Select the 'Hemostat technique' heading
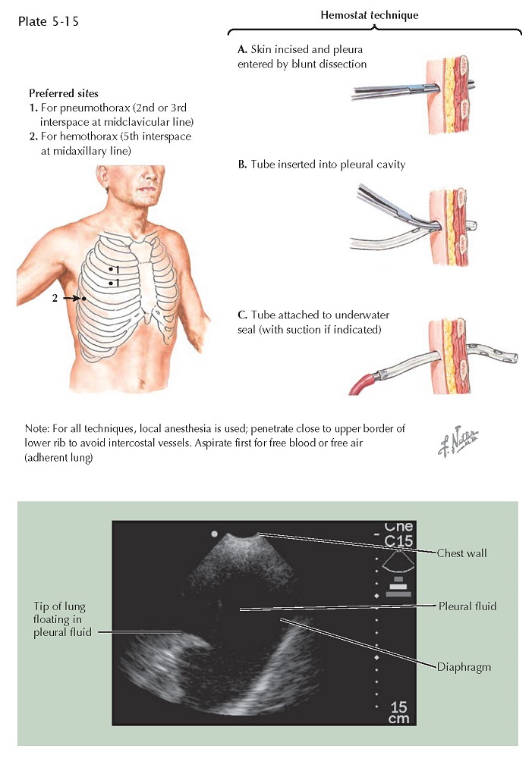375,15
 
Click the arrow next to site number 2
71,299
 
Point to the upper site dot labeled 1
110,269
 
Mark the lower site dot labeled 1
110,283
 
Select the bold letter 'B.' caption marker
242,164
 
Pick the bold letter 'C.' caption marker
242,315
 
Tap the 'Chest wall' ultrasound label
461,553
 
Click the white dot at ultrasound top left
215,534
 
